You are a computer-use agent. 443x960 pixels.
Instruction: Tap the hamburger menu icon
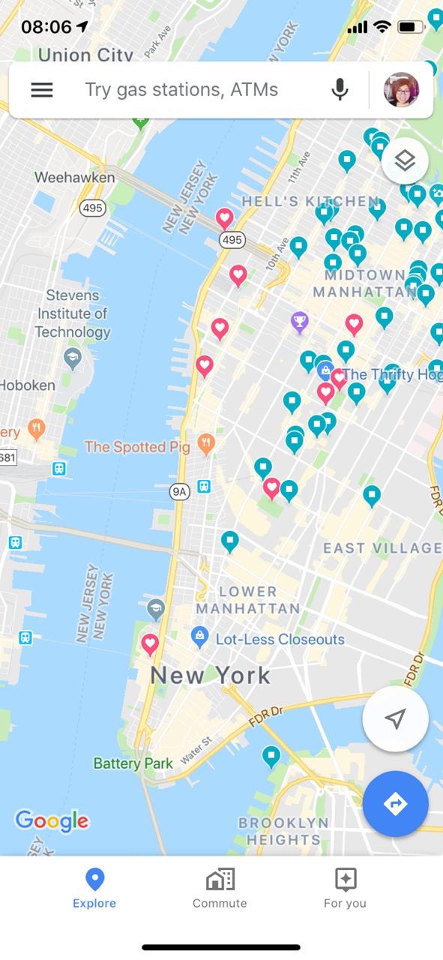point(41,90)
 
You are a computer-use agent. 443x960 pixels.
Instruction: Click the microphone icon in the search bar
point(340,90)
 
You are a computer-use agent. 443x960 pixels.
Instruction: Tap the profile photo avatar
point(401,90)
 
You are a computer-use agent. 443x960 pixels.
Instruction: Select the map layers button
point(405,160)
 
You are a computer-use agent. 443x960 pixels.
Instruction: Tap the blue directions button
point(395,804)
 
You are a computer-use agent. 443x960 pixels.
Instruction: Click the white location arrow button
point(395,718)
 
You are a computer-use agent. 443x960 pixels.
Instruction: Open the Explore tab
point(94,888)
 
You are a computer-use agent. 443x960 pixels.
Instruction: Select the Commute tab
point(220,888)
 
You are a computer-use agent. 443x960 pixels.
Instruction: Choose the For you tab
point(345,888)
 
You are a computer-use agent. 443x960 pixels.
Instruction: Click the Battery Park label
point(133,763)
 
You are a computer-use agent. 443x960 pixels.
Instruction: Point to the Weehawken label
point(75,178)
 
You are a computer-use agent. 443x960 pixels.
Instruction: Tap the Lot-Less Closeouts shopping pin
point(199,637)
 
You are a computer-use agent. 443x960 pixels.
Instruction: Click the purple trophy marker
point(300,322)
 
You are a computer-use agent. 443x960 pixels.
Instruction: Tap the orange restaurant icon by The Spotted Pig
point(206,442)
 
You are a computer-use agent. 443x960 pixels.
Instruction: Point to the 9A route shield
point(179,492)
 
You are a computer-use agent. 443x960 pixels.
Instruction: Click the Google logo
point(52,820)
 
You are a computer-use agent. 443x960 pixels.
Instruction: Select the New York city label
point(210,675)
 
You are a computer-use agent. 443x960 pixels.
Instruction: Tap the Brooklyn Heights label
point(284,831)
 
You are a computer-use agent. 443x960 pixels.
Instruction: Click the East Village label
point(382,548)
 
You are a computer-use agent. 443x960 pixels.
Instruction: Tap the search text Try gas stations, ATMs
point(181,90)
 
